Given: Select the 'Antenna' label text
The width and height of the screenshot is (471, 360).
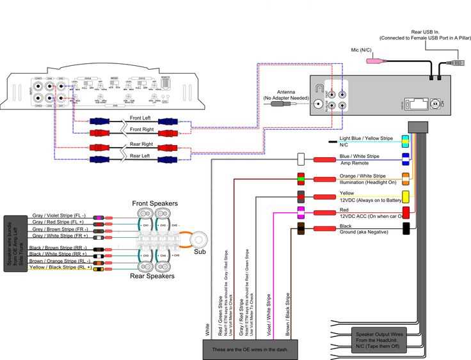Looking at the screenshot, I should [x=286, y=92].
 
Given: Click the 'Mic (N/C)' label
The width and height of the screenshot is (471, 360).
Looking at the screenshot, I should [x=362, y=49].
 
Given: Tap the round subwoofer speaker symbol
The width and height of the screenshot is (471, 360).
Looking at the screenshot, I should [x=199, y=240].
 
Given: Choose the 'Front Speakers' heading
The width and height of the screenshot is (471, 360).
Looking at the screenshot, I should [x=155, y=203].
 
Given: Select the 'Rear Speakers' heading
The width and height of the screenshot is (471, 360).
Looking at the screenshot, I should [x=153, y=276].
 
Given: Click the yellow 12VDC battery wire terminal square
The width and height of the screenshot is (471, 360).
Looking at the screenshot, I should [x=405, y=196].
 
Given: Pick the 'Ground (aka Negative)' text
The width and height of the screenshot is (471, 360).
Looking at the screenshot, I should [x=363, y=233].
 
